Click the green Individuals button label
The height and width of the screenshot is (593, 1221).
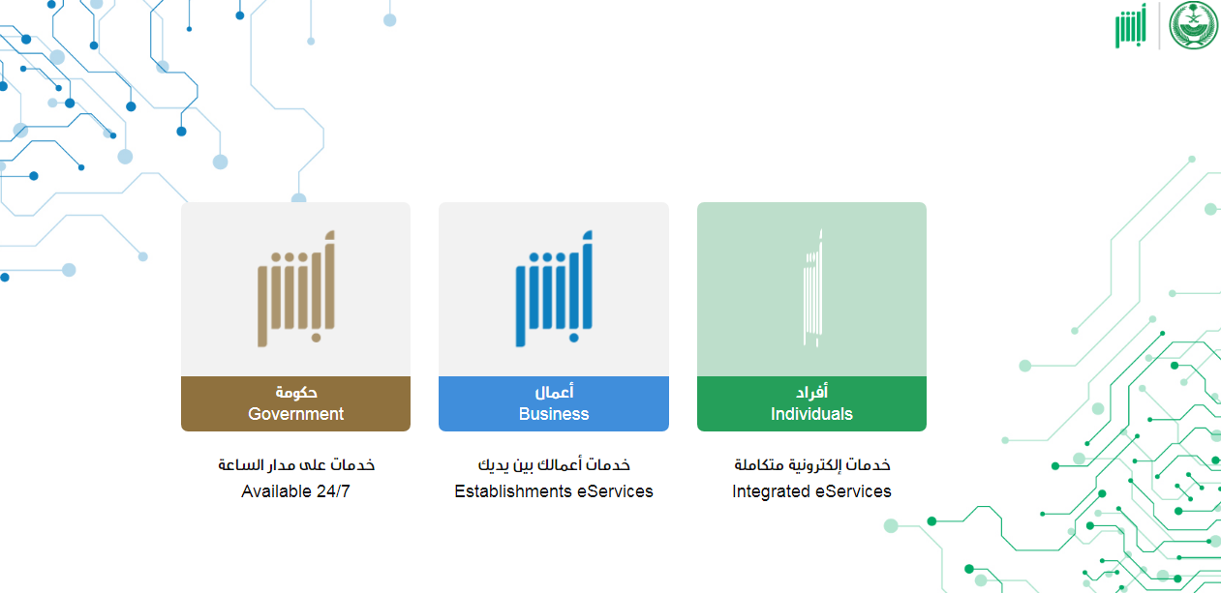click(811, 403)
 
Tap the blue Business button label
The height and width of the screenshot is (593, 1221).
click(554, 403)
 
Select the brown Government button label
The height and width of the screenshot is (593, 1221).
click(295, 403)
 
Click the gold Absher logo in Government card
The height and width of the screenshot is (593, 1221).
click(296, 288)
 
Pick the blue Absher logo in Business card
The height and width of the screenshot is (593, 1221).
click(554, 288)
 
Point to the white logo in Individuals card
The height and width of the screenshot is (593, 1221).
click(812, 288)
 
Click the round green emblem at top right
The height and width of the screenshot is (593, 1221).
click(1194, 25)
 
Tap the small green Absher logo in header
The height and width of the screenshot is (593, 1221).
click(1131, 26)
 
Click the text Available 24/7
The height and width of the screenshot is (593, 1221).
click(295, 491)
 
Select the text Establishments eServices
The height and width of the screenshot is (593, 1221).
click(554, 491)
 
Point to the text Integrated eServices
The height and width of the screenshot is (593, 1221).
click(811, 491)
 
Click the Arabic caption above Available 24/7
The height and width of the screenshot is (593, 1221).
click(296, 464)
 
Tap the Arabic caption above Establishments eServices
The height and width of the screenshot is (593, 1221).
click(554, 464)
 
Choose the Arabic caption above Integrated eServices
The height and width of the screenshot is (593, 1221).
click(812, 464)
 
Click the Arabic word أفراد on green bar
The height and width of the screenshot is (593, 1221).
click(811, 392)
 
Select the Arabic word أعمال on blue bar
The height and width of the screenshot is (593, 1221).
click(554, 392)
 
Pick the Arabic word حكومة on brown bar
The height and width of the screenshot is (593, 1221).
click(296, 392)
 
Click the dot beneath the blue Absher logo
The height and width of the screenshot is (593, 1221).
click(574, 338)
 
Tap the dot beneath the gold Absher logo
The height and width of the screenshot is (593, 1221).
click(317, 338)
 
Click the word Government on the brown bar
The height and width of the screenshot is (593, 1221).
click(295, 414)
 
